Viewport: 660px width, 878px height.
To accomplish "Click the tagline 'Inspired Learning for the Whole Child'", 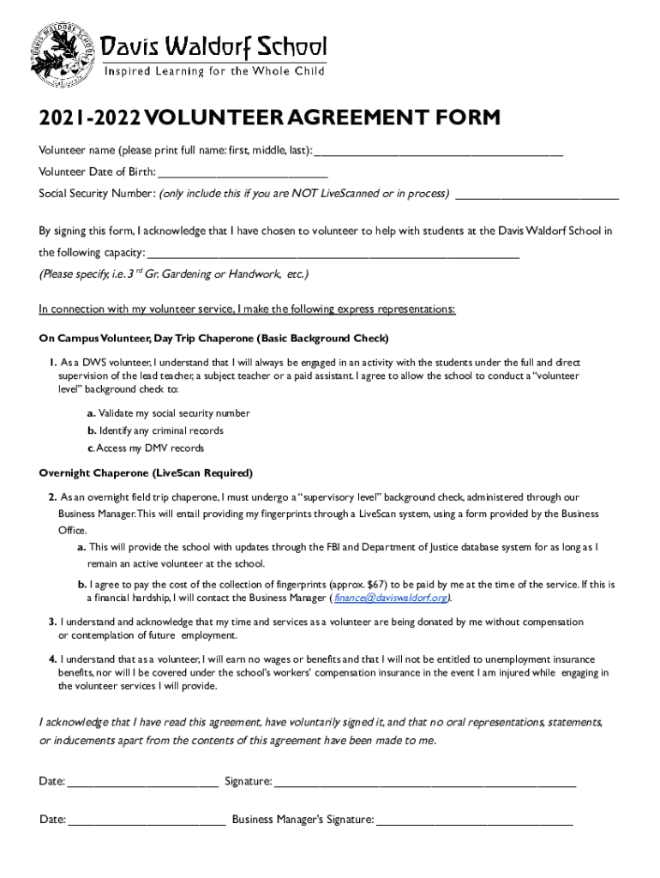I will click(x=214, y=71).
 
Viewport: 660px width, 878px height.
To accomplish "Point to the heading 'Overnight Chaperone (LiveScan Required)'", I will click(x=146, y=473).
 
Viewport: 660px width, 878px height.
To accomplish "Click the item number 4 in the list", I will click(x=52, y=659).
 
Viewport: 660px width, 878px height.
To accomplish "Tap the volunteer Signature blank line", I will click(x=425, y=781).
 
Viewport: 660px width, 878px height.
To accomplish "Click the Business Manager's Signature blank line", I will click(x=475, y=820).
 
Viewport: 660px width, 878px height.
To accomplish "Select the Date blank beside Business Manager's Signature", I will click(x=147, y=820).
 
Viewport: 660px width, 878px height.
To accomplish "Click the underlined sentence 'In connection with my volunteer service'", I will click(x=247, y=309).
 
